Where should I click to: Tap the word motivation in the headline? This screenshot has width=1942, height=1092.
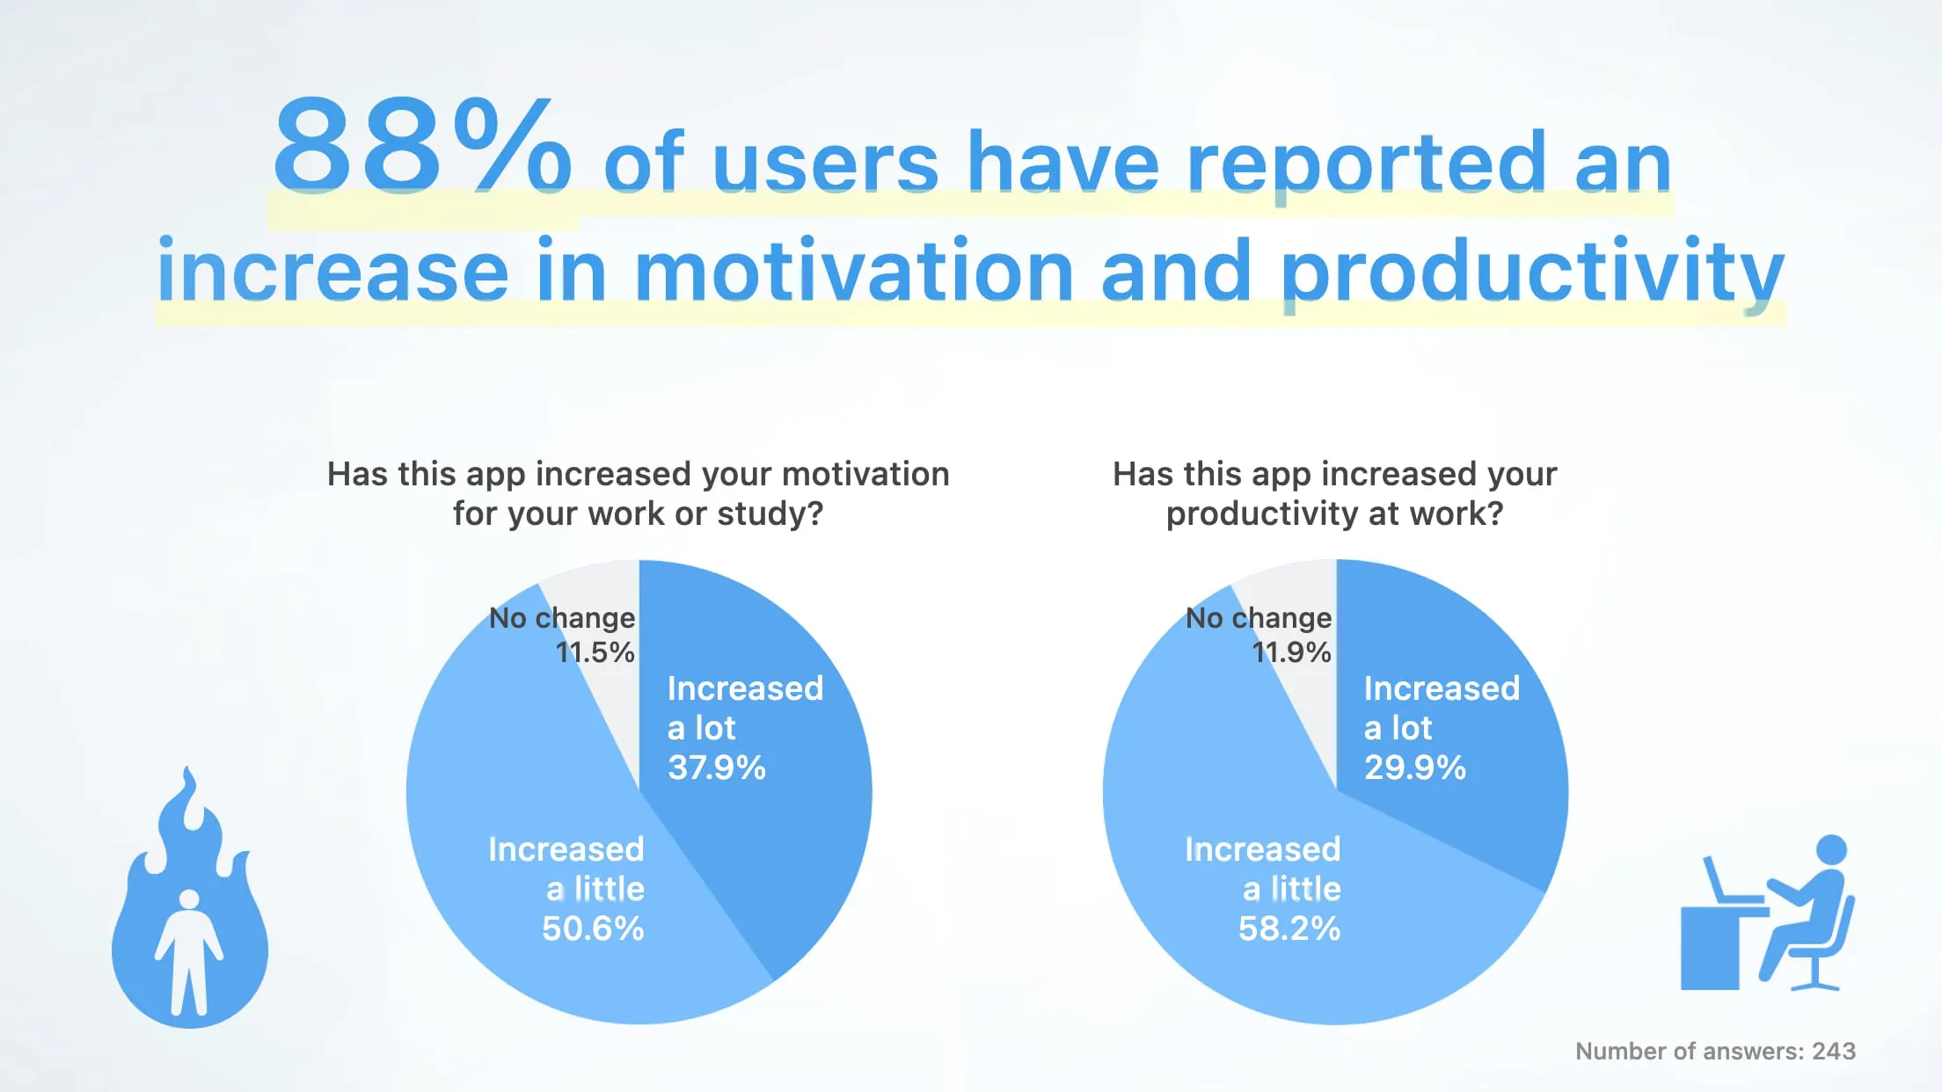coord(853,271)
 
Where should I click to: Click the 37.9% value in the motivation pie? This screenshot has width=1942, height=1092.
coord(717,768)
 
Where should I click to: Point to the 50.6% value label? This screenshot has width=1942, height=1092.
coord(593,928)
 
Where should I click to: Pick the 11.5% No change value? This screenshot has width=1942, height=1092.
coord(595,652)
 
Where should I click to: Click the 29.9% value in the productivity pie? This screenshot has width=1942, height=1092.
coord(1414,768)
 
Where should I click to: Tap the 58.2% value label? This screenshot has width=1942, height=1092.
coord(1289,928)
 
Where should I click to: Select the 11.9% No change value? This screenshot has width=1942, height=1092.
coord(1291,652)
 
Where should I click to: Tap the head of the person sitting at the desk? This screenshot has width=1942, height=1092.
coord(1831,849)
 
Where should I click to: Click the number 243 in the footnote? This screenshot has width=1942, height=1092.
coord(1833,1051)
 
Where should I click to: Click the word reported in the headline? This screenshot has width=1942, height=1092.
coord(1366,163)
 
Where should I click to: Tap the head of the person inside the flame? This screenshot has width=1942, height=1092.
coord(189,900)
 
